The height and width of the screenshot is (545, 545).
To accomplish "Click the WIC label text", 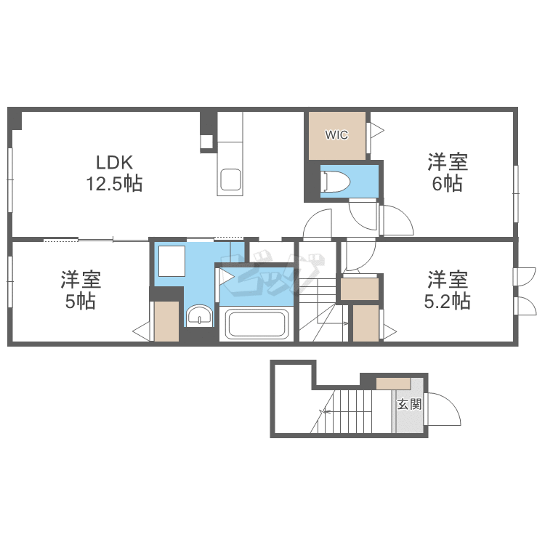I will click(x=336, y=135).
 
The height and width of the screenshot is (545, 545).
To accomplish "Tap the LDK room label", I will click(x=114, y=161).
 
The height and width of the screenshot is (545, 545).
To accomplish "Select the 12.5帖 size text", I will click(x=114, y=184).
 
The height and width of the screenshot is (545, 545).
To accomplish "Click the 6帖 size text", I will click(x=447, y=184).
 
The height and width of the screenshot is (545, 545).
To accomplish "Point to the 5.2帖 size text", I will click(x=448, y=300).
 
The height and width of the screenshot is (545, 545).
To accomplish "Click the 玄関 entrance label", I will click(x=409, y=405).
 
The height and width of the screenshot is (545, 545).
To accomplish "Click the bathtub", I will click(x=258, y=323).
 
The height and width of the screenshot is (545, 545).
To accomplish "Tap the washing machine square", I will click(x=173, y=261).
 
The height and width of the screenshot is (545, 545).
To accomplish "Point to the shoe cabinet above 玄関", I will click(x=393, y=384).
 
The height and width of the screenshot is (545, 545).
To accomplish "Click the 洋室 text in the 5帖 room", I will click(x=81, y=278).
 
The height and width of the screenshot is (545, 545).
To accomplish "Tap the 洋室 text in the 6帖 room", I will click(x=447, y=161).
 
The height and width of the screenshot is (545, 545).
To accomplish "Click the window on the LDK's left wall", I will click(x=11, y=180).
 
